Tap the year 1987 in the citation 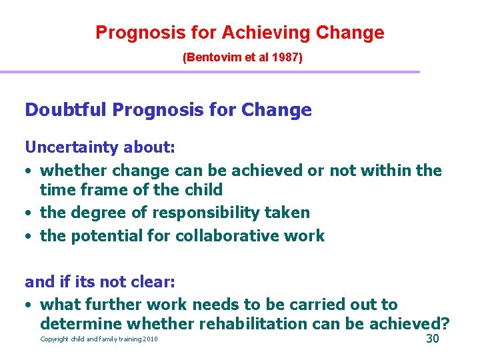pos(285,58)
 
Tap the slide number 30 pos(432,339)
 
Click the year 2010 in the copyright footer pos(150,340)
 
